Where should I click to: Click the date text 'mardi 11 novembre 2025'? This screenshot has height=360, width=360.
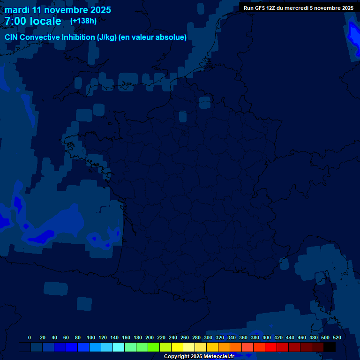click(x=58, y=10)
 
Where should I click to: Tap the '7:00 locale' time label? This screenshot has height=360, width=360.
click(x=33, y=21)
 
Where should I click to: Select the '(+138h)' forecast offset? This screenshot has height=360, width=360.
click(x=83, y=21)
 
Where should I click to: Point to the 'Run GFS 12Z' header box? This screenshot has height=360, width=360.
click(x=298, y=8)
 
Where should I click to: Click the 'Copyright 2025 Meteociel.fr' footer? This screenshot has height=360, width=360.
click(x=199, y=357)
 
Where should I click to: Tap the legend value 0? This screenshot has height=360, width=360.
click(x=30, y=337)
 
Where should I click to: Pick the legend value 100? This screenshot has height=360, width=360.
click(x=91, y=337)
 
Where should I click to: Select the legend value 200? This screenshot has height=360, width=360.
click(x=150, y=337)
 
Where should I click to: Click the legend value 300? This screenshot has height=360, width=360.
click(x=208, y=337)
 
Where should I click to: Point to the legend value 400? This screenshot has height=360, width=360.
click(x=267, y=337)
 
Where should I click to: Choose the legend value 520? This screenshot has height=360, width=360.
click(x=337, y=337)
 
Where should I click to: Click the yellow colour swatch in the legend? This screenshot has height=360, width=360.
click(x=177, y=347)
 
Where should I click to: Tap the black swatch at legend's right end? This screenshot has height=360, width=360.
click(x=330, y=347)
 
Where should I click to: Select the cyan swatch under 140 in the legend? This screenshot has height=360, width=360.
click(x=119, y=347)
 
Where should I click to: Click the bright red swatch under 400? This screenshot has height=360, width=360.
click(x=271, y=347)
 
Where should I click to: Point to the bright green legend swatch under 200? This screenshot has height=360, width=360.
click(x=154, y=347)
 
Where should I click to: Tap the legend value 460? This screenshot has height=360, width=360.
click(x=302, y=337)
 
